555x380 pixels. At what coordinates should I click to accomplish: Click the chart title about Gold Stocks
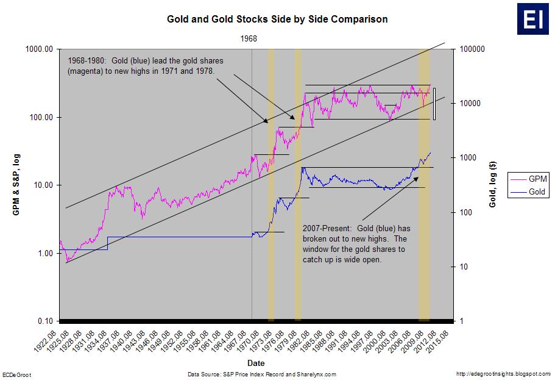click(x=277, y=20)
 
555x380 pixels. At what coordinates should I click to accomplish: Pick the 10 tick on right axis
click(x=462, y=267)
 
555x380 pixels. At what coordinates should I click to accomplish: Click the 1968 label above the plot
click(x=249, y=38)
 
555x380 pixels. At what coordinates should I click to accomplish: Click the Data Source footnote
click(x=262, y=374)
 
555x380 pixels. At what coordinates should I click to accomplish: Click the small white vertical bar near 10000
click(x=434, y=104)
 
